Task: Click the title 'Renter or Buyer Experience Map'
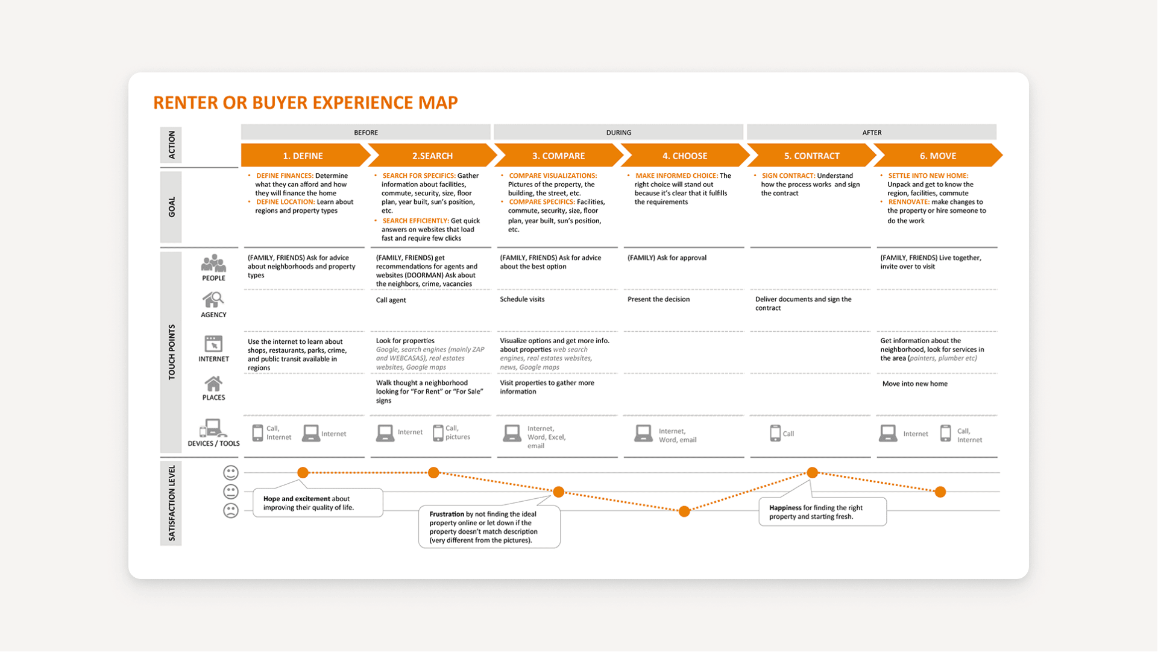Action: [x=305, y=103]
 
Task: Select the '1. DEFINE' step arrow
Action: [x=303, y=156]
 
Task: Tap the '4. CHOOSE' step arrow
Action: [x=684, y=156]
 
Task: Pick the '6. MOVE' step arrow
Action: [x=937, y=156]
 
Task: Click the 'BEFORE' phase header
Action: [x=365, y=132]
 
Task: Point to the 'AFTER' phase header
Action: [x=871, y=132]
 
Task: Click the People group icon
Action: [x=213, y=264]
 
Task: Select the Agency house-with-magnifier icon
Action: [x=213, y=300]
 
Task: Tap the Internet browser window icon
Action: [x=213, y=344]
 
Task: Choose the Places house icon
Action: [x=213, y=384]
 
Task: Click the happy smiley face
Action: [x=231, y=472]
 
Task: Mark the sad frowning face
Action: [x=231, y=511]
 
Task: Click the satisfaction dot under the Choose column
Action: [x=684, y=511]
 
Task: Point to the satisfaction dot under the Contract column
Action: [x=812, y=472]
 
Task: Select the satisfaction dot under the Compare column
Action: [x=559, y=492]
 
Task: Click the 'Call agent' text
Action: [x=391, y=300]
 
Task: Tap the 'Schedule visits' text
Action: [x=522, y=299]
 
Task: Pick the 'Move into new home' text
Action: [x=914, y=384]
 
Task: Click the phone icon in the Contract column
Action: [x=775, y=433]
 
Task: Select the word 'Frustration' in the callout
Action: [x=447, y=514]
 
